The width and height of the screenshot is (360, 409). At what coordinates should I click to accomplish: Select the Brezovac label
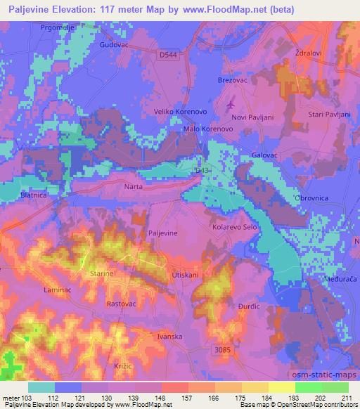click(233, 81)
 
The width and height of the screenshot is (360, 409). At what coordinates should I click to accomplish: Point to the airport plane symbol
click(231, 105)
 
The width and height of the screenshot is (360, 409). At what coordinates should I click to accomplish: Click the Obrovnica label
click(312, 197)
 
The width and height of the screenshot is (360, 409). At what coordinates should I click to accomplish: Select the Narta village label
click(133, 187)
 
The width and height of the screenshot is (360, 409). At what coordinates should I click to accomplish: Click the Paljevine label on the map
click(162, 233)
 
